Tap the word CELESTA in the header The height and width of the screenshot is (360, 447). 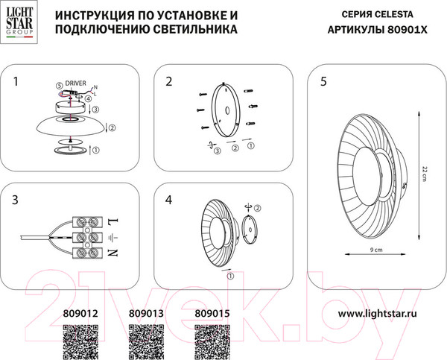405,15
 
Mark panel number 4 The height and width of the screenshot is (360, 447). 168,200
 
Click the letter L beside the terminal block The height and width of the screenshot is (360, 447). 112,223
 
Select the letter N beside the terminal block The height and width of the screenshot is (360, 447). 112,253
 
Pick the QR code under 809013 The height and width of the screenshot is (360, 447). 146,342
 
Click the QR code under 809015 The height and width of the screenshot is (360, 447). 210,342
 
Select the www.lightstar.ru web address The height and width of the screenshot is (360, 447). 378,315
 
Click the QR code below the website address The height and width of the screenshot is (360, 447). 377,342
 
